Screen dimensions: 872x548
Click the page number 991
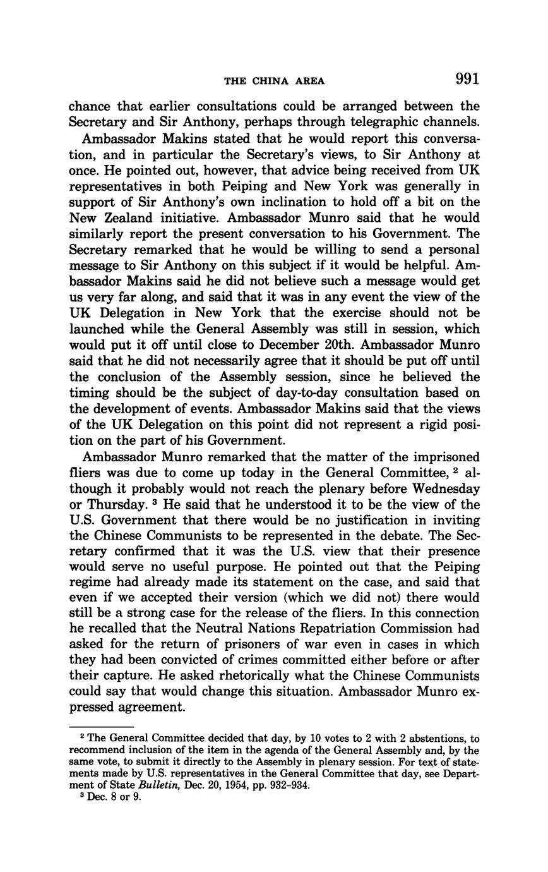click(x=467, y=79)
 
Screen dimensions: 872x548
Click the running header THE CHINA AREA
click(x=275, y=81)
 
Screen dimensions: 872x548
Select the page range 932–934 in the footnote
click(x=289, y=786)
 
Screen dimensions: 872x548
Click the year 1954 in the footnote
click(x=241, y=786)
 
